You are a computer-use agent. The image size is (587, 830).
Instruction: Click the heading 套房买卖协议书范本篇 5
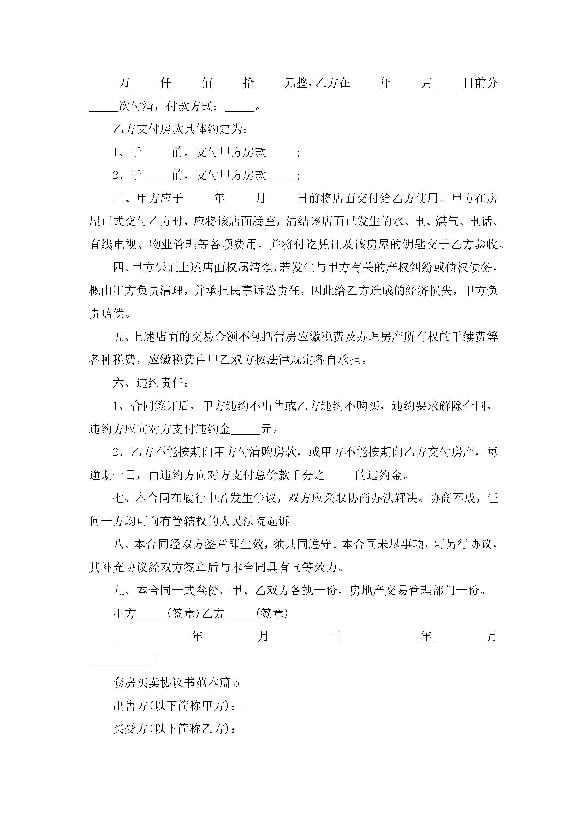[x=176, y=682]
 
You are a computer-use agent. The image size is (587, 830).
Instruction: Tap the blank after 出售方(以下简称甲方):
[x=266, y=706]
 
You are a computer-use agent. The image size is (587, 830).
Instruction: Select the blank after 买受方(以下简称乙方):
[x=266, y=729]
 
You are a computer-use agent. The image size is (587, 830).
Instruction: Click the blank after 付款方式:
[x=240, y=107]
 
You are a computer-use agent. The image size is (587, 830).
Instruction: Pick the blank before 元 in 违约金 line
[x=246, y=429]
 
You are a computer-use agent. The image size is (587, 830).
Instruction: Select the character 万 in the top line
[x=124, y=83]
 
